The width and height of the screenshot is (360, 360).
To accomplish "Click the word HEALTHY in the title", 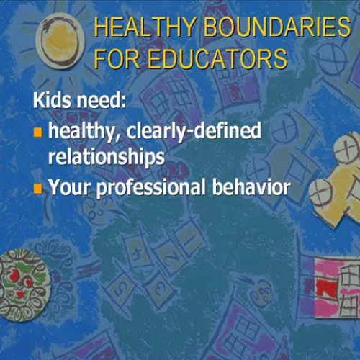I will click(138, 29).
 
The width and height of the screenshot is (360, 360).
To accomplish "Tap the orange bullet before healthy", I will click(39, 132).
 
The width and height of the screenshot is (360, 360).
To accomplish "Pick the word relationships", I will click(106, 156).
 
